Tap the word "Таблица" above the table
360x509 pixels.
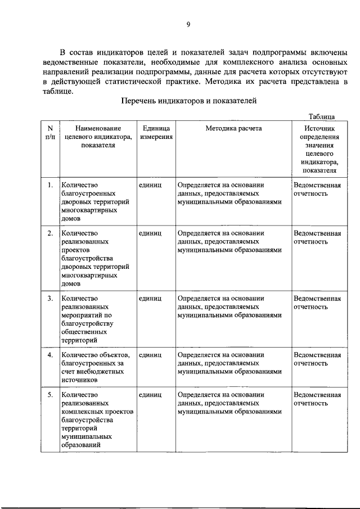pos(322,116)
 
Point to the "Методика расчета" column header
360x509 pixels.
pos(233,128)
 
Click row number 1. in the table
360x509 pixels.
pos(50,185)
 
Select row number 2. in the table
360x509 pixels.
pos(50,233)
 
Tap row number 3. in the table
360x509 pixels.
pos(50,298)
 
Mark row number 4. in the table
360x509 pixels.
pos(50,355)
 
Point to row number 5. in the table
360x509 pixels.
pos(50,395)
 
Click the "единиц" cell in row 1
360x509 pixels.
pos(150,185)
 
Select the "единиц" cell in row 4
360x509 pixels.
pos(150,355)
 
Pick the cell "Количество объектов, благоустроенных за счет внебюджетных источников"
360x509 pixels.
pos(96,367)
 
